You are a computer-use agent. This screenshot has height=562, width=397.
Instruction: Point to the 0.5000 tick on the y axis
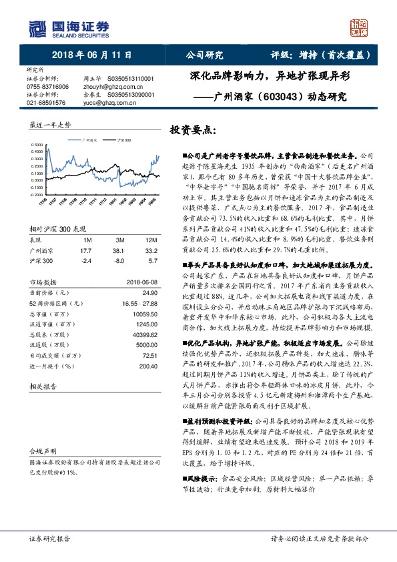[38, 144]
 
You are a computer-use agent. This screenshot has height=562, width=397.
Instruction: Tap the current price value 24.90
[147, 292]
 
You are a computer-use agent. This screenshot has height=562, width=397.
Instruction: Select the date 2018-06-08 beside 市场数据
[139, 282]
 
